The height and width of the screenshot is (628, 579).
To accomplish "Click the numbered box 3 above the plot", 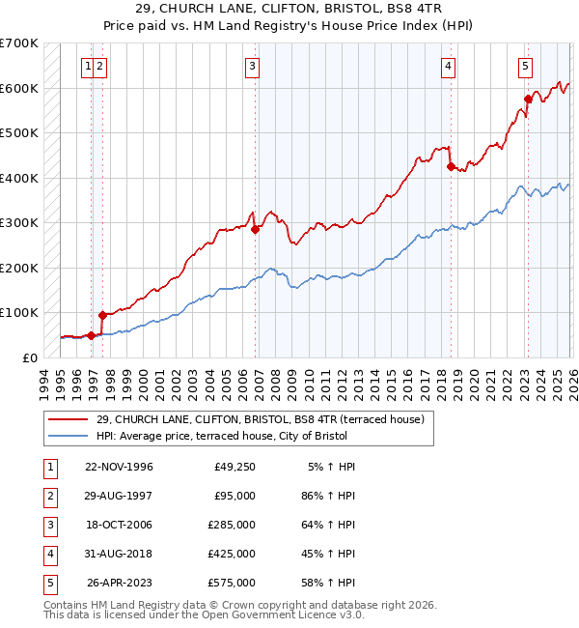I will (252, 67).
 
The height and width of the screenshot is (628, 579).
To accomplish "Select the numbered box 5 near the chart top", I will (525, 67).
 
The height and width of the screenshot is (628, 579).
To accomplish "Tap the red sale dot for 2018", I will (452, 166).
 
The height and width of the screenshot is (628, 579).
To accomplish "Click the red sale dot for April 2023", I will (528, 99).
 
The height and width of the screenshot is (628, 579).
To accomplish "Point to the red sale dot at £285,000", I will (256, 229).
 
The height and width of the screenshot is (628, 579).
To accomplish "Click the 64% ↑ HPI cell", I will (329, 525).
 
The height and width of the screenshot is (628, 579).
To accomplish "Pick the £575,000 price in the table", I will (232, 583).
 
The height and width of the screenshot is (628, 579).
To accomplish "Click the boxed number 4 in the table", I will (47, 554).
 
